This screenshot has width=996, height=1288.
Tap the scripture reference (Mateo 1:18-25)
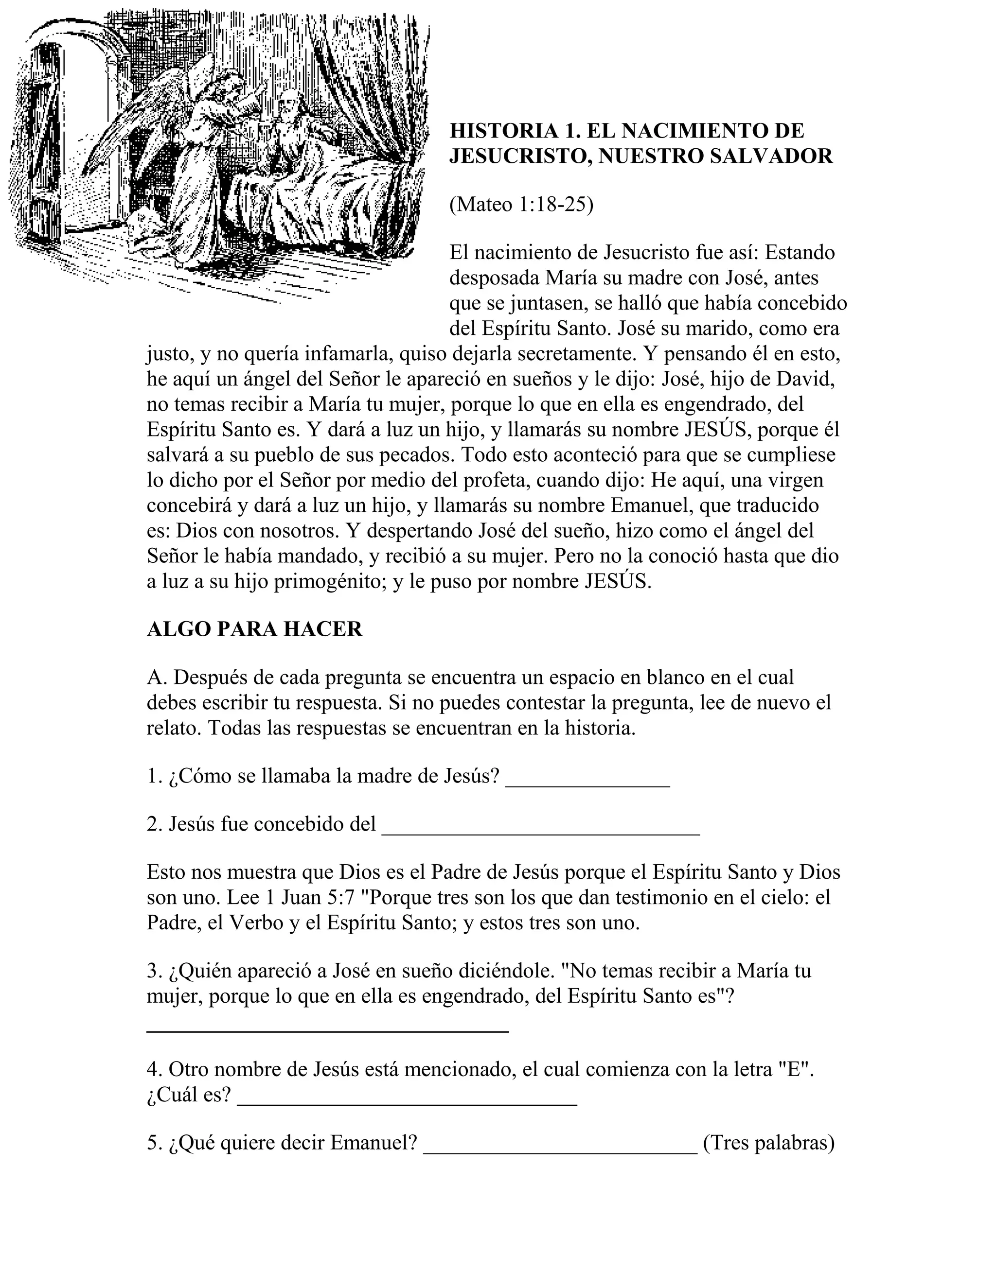pyautogui.click(x=521, y=205)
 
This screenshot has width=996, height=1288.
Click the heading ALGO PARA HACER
pyautogui.click(x=254, y=629)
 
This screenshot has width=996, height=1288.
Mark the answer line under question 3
pyautogui.click(x=327, y=1029)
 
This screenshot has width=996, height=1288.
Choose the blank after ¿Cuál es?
pyautogui.click(x=407, y=1103)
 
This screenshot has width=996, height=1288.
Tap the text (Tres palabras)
pyautogui.click(x=769, y=1143)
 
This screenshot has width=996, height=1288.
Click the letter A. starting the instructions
pyautogui.click(x=157, y=677)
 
